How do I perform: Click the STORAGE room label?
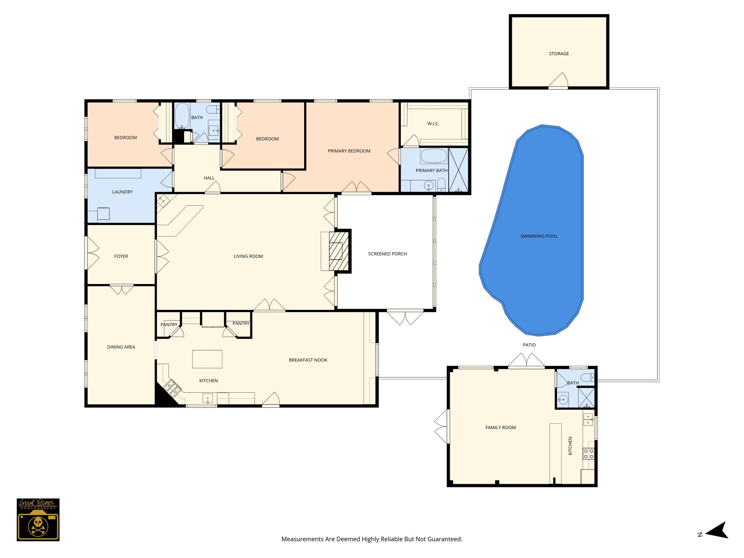559,54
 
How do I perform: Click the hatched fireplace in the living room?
339,251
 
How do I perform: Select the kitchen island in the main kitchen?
207,359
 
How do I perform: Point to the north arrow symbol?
717,531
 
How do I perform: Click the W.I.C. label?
433,124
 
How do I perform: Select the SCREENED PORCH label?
387,254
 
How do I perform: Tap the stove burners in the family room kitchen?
589,454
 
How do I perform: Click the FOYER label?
121,256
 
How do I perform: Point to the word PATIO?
529,345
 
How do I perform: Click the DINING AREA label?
121,347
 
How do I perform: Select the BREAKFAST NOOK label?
308,360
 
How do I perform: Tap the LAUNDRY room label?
122,192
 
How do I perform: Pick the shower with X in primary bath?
458,170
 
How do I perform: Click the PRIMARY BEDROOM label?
349,151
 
